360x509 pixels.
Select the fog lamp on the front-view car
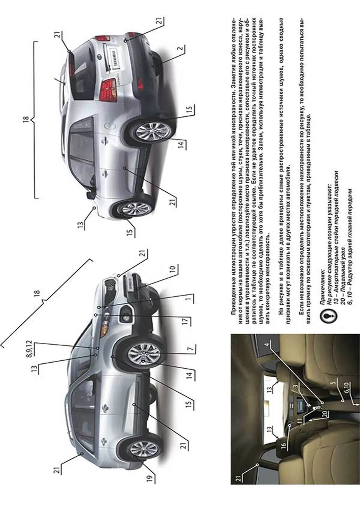126,315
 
